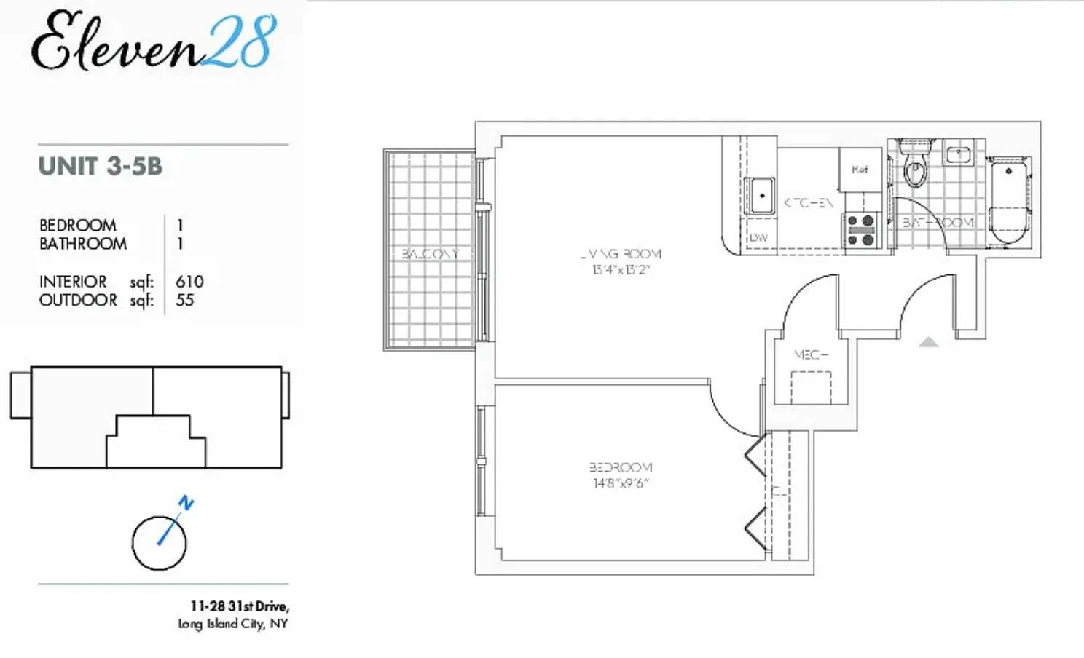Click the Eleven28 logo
[x=154, y=42]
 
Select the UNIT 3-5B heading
[x=101, y=166]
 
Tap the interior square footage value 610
[x=189, y=282]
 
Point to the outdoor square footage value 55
[x=184, y=301]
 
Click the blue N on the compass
[x=186, y=502]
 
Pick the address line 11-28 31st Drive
[x=240, y=606]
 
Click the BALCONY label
[x=430, y=254]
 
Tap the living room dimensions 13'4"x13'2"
[x=621, y=270]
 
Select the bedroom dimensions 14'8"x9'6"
[x=621, y=483]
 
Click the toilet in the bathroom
[x=914, y=167]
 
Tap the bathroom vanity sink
[x=959, y=154]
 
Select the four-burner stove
[x=860, y=230]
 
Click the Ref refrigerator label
[x=860, y=170]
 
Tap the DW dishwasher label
[x=758, y=237]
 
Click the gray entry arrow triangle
[x=928, y=342]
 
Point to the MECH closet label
[x=811, y=355]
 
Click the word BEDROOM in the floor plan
[x=621, y=467]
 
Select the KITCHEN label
[x=808, y=203]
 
